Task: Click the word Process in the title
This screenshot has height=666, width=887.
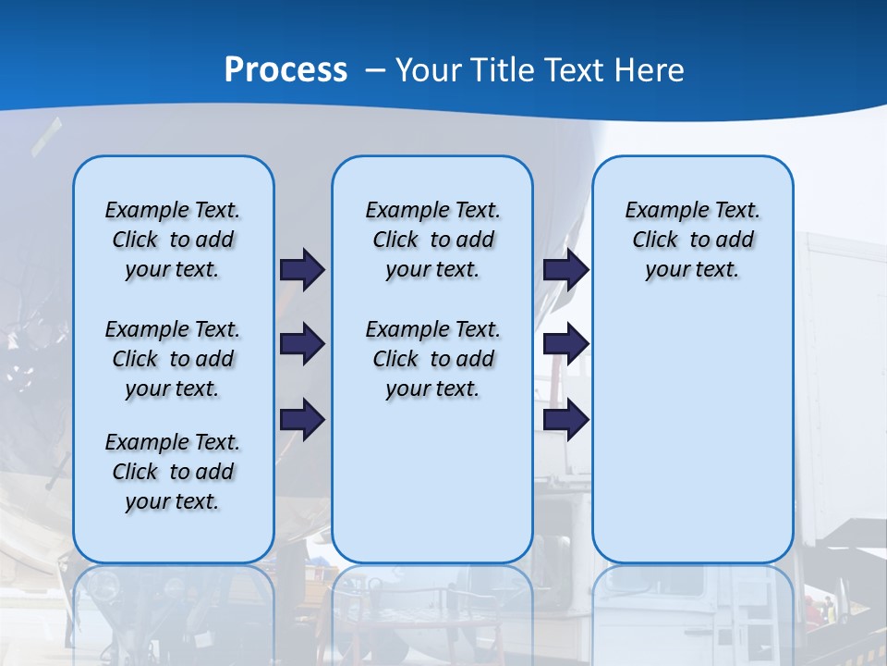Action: click(286, 69)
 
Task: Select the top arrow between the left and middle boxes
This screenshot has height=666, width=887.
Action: click(302, 269)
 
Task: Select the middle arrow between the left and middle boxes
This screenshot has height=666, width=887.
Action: click(302, 344)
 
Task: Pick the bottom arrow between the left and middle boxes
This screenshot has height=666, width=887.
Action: click(302, 419)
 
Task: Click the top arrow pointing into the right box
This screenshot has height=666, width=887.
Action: click(565, 269)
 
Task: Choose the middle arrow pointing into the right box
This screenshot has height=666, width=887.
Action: click(565, 344)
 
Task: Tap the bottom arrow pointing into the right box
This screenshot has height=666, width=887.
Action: click(565, 419)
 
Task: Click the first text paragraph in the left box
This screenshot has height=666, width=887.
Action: click(173, 240)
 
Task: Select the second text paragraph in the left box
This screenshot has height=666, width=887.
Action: click(173, 359)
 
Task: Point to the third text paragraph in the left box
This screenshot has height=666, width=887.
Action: click(173, 472)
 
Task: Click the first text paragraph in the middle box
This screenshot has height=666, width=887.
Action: click(432, 240)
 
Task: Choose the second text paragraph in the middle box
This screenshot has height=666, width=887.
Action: click(432, 359)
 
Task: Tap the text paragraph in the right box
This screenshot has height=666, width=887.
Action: click(692, 240)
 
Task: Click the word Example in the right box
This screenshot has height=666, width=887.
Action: click(660, 211)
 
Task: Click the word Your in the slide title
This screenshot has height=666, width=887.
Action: click(429, 69)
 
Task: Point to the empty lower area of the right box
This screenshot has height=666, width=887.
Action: click(692, 435)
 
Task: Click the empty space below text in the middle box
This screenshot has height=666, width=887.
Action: click(432, 481)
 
